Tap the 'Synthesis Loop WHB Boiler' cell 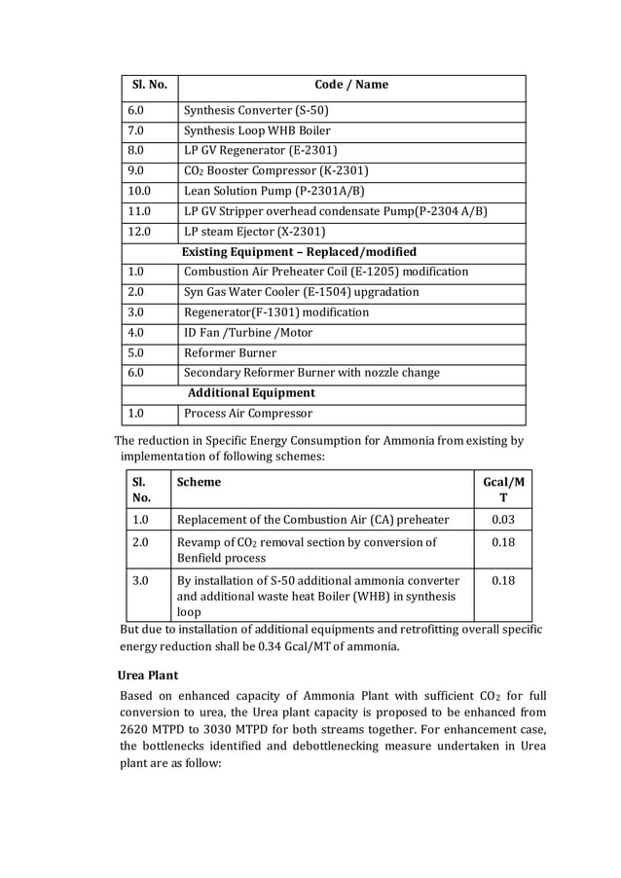(x=257, y=130)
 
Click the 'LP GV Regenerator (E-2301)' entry (x=261, y=151)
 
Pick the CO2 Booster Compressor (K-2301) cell (x=275, y=171)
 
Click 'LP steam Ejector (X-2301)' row (x=254, y=232)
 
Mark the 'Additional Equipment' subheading (x=251, y=393)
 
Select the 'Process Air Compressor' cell (x=248, y=414)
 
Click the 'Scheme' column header (x=199, y=482)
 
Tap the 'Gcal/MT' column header (x=503, y=490)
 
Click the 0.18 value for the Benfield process (x=503, y=542)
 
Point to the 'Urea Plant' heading (x=148, y=675)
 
